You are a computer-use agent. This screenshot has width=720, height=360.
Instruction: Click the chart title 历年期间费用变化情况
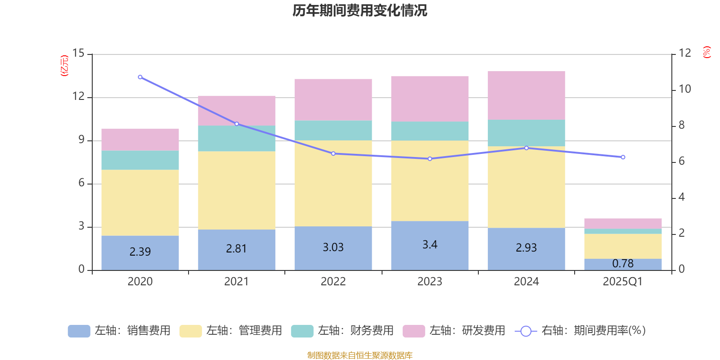pyautogui.click(x=360, y=10)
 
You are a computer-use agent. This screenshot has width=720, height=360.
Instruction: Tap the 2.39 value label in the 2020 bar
pyautogui.click(x=140, y=252)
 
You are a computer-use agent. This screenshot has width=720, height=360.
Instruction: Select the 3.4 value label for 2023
pyautogui.click(x=430, y=245)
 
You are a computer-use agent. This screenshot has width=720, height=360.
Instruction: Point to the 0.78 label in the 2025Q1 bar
pyautogui.click(x=623, y=264)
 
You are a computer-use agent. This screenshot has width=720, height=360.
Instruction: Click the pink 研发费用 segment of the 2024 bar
pyautogui.click(x=526, y=95)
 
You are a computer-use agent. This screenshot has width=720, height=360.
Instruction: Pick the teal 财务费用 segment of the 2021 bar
pyautogui.click(x=237, y=139)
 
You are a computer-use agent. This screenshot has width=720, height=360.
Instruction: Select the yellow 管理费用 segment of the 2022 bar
pyautogui.click(x=333, y=183)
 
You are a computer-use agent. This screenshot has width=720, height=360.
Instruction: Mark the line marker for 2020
pyautogui.click(x=140, y=77)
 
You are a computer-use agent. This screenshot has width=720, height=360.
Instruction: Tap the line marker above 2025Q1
pyautogui.click(x=623, y=157)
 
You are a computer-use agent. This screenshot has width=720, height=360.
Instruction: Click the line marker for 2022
pyautogui.click(x=333, y=153)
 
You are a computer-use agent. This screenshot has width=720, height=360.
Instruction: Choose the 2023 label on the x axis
pyautogui.click(x=430, y=282)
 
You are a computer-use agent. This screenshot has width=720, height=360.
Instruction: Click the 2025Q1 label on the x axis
pyautogui.click(x=623, y=282)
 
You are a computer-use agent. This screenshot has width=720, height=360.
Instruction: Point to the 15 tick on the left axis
pyautogui.click(x=78, y=54)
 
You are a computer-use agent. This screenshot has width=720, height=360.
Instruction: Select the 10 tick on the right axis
pyautogui.click(x=684, y=89)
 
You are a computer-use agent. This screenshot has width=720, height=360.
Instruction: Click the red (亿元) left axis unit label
pyautogui.click(x=64, y=66)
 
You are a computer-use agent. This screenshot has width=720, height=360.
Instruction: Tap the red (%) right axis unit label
pyautogui.click(x=707, y=52)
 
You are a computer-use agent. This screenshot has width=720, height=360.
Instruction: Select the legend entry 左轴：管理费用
pyautogui.click(x=230, y=331)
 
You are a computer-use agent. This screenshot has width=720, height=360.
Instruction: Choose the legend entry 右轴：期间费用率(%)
pyautogui.click(x=580, y=331)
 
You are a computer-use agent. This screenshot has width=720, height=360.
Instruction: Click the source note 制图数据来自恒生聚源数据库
pyautogui.click(x=360, y=355)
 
